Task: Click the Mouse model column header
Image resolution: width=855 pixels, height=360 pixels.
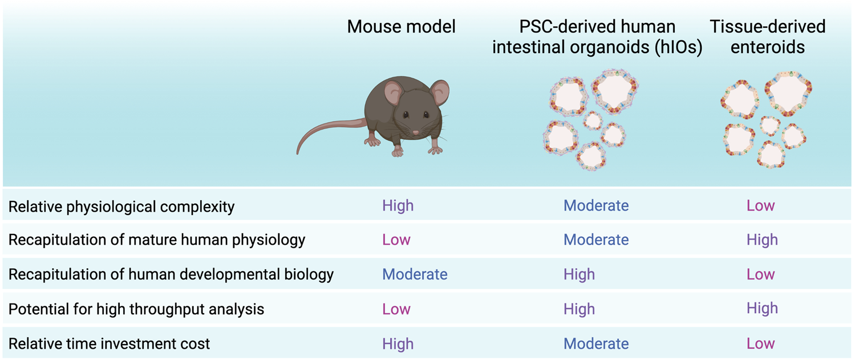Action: (401, 27)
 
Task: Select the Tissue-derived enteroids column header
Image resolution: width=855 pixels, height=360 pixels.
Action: (767, 36)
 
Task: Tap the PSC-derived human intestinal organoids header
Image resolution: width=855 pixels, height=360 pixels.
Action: (597, 37)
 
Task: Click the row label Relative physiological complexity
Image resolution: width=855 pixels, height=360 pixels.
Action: (121, 207)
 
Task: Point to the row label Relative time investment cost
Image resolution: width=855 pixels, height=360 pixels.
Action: (109, 344)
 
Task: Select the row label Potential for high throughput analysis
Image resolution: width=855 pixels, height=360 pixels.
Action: (136, 309)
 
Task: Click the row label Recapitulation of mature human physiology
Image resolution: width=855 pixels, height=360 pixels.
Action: (157, 240)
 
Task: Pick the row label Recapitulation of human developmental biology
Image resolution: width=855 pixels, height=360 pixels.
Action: (171, 274)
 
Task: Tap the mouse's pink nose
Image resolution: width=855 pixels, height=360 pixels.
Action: (415, 133)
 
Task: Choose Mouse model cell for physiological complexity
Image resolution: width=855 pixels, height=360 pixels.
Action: (398, 205)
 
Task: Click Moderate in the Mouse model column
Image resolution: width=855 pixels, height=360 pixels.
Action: (415, 274)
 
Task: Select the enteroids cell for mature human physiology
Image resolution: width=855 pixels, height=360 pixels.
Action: (761, 240)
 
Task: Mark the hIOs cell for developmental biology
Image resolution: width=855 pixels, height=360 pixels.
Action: (579, 274)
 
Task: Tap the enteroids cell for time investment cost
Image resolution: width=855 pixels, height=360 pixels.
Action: (760, 343)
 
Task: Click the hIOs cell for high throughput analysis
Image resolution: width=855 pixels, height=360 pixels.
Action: (579, 309)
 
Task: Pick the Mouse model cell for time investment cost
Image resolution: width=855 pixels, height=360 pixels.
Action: (398, 343)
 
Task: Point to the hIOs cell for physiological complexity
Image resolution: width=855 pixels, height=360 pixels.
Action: (596, 205)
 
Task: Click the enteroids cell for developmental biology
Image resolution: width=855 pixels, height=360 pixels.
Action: (760, 274)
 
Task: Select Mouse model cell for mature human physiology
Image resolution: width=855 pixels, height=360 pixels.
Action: (396, 240)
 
